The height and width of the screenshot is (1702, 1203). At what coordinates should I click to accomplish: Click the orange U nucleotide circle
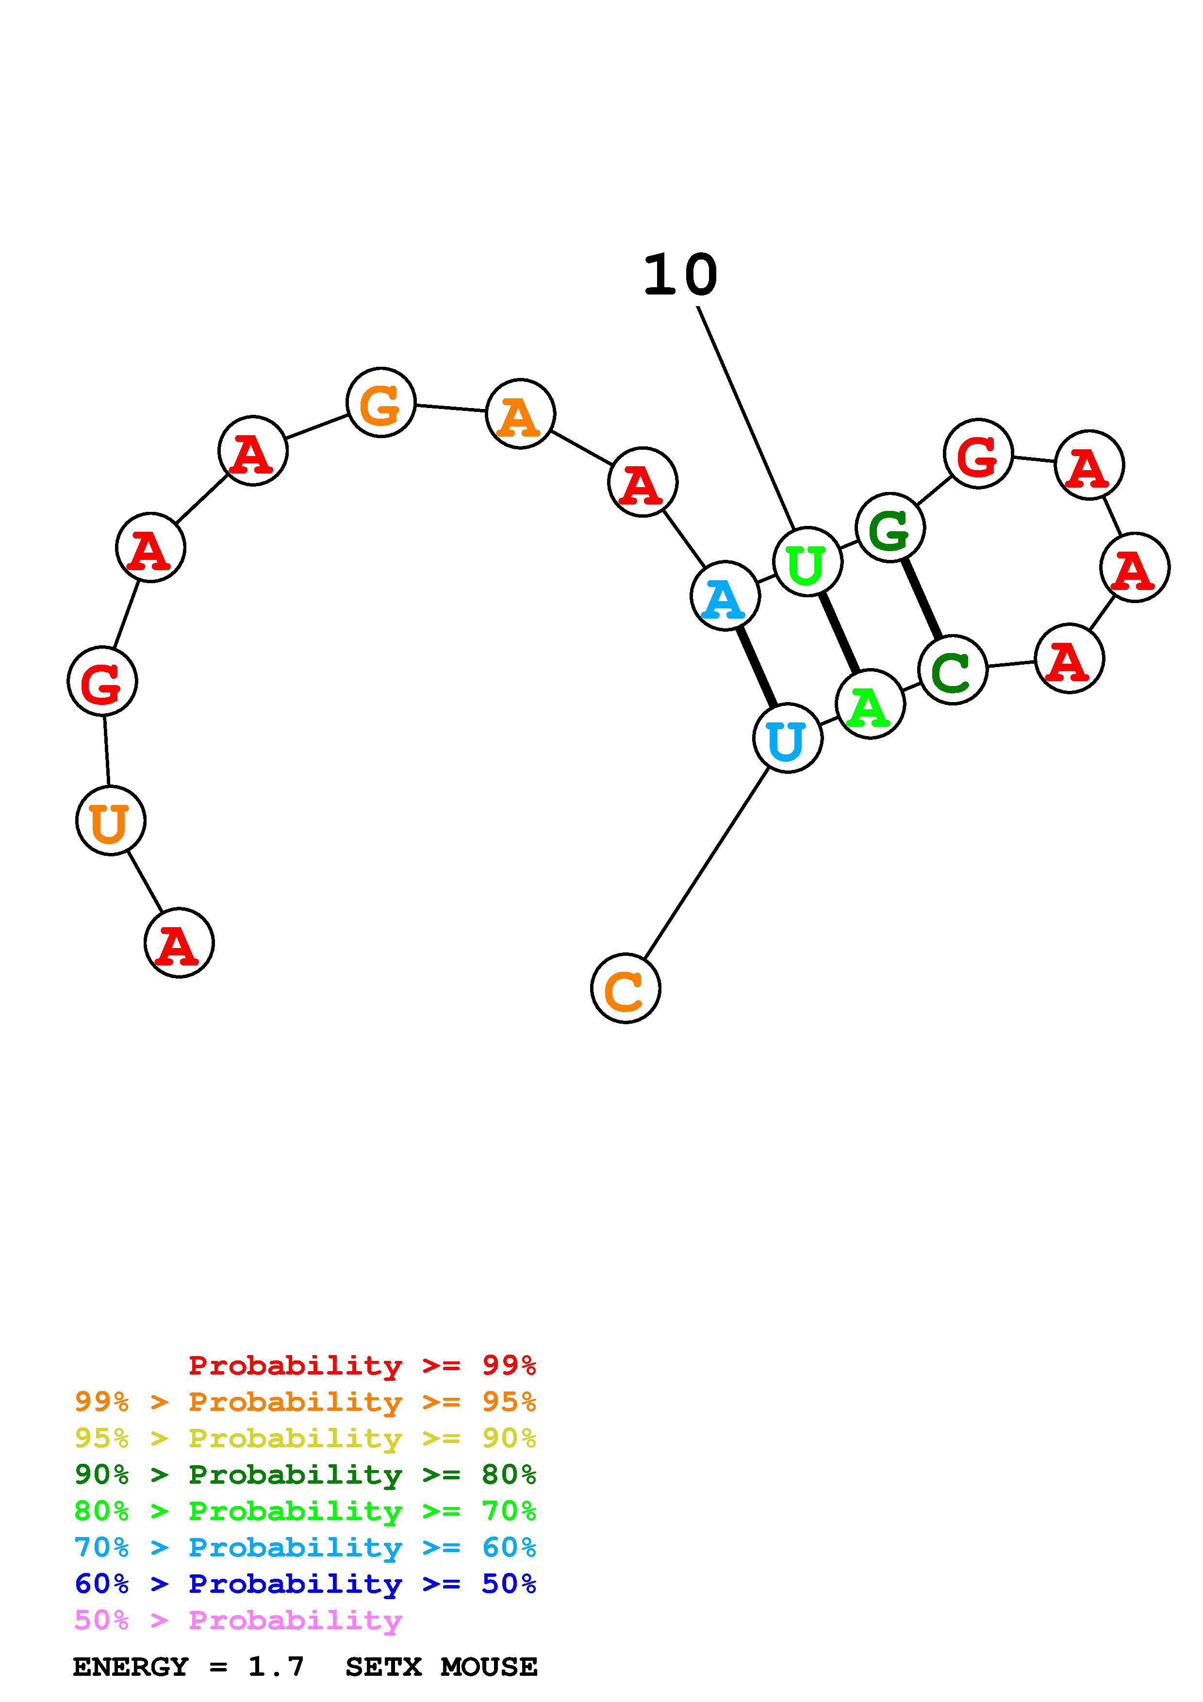tap(111, 820)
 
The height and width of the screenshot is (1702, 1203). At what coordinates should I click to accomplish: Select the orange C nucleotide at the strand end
tap(625, 988)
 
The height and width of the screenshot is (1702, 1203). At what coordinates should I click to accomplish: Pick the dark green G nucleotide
tap(890, 528)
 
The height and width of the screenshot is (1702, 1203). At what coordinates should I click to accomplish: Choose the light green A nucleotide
tap(870, 704)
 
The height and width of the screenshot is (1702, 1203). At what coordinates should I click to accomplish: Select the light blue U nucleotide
tap(787, 738)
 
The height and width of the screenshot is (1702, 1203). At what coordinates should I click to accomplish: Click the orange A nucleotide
tap(520, 414)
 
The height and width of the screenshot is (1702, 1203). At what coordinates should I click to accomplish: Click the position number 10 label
tap(680, 276)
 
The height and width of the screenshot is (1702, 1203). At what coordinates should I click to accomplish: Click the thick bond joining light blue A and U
tap(756, 667)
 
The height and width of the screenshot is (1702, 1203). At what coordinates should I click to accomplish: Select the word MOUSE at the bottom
tap(489, 1667)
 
